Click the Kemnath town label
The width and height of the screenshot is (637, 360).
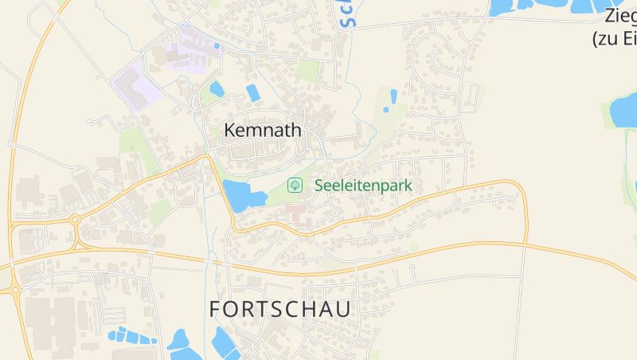coord(263,130)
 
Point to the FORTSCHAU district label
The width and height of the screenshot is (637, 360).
coord(279,310)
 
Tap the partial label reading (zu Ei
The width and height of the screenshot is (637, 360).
coord(614,37)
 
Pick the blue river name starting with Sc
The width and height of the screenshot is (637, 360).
coord(347,14)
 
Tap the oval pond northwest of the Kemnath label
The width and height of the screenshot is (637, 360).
coord(217,88)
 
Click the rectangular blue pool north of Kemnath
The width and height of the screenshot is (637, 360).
coord(252,92)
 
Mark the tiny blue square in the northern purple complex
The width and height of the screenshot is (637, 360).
coord(216,46)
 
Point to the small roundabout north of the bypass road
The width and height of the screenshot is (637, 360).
coord(75,220)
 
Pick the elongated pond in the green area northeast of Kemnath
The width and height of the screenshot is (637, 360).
coord(393,96)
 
